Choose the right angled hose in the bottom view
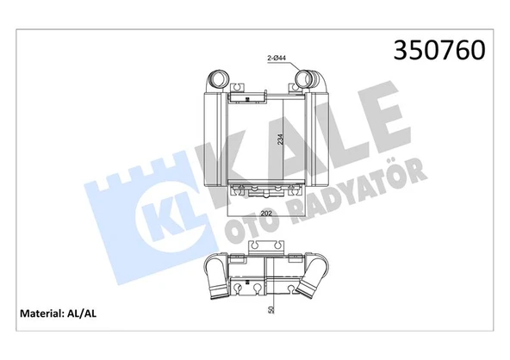click(x=310, y=284)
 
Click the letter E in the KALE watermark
click(x=379, y=121)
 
